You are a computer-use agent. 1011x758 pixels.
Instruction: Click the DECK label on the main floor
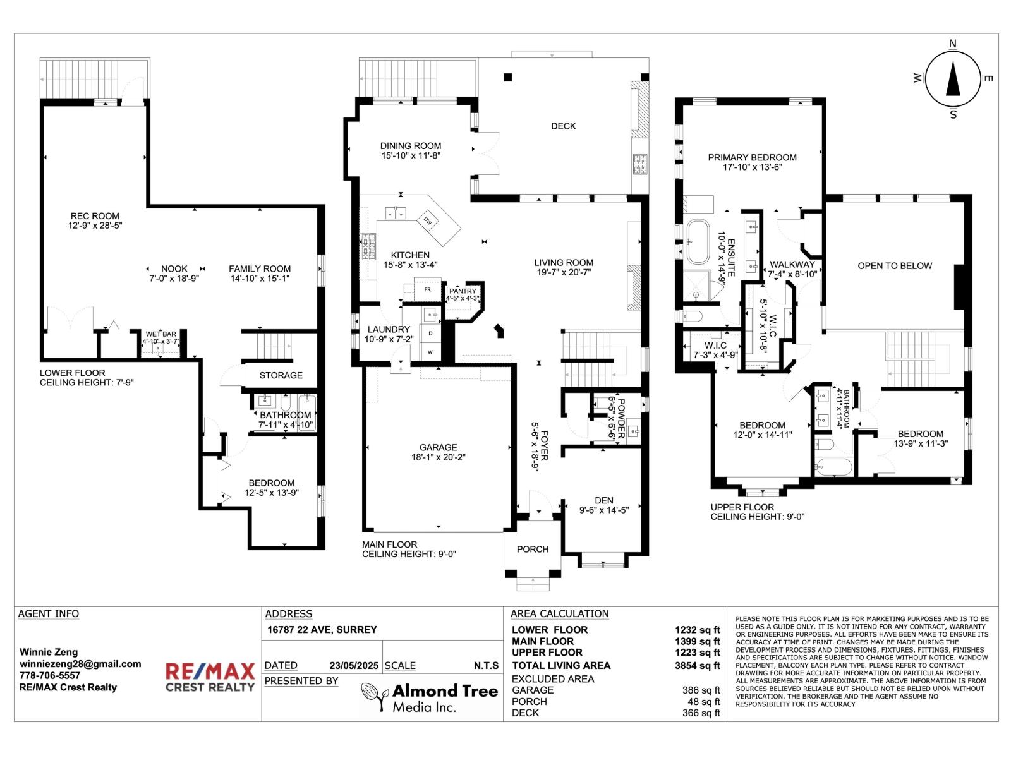(563, 126)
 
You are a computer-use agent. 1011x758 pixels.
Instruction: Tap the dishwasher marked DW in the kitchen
(427, 220)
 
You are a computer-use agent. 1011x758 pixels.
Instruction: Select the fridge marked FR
(427, 289)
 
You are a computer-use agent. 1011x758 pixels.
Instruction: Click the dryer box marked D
(431, 334)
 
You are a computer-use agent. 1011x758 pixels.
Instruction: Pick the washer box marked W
(431, 352)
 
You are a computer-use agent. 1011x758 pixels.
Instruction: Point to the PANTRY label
(463, 291)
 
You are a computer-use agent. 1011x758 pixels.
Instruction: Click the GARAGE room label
(438, 447)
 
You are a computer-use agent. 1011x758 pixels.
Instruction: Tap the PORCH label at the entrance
(533, 549)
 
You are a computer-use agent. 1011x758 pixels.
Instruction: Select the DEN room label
(603, 500)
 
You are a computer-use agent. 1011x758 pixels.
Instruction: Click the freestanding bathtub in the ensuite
(698, 242)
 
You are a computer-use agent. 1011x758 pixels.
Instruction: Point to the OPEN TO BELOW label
(895, 265)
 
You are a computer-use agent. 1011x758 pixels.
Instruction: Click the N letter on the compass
(952, 44)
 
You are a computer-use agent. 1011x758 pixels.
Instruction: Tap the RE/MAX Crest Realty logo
(210, 677)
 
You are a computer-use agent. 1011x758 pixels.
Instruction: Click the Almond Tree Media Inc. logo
(429, 697)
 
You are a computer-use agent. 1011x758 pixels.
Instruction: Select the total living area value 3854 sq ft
(697, 665)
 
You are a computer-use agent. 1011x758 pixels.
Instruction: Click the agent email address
(80, 664)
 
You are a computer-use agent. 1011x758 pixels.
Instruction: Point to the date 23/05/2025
(354, 666)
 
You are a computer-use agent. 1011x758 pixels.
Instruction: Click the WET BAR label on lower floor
(160, 334)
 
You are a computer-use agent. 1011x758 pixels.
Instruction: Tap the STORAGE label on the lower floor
(281, 375)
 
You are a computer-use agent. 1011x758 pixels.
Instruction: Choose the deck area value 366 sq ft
(701, 713)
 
